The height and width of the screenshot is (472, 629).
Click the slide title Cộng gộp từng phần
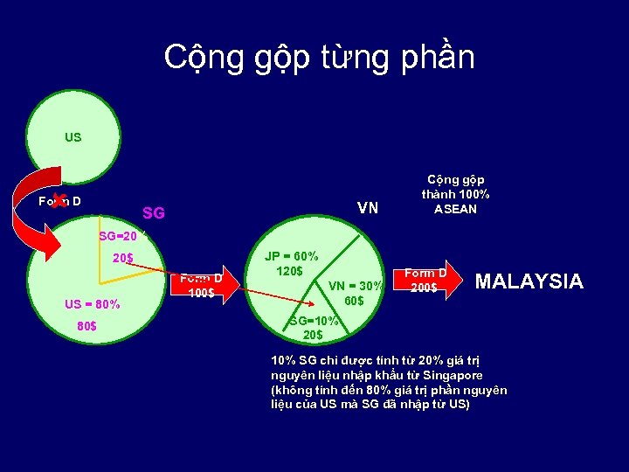[x=319, y=57]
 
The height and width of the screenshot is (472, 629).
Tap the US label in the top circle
[x=73, y=137]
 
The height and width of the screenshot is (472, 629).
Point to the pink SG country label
[x=153, y=212]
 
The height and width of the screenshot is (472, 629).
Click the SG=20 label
[x=118, y=236]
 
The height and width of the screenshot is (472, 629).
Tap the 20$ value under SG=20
[x=122, y=258]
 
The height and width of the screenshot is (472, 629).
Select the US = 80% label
[x=92, y=304]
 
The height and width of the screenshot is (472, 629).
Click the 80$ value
[x=87, y=327]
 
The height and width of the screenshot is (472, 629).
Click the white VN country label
[x=368, y=208]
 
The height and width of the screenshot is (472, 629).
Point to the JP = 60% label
[x=292, y=256]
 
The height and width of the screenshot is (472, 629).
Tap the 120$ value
[x=288, y=271]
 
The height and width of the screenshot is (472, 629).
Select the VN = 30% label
[x=355, y=286]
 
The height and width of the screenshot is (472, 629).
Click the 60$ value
[x=354, y=301]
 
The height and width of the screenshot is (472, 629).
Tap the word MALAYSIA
[x=528, y=281]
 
